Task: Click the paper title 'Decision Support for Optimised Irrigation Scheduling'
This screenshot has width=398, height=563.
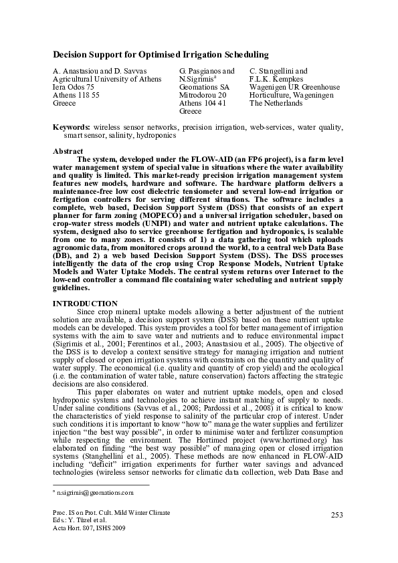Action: [x=161, y=53]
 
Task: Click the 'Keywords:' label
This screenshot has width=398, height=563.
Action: [x=72, y=126]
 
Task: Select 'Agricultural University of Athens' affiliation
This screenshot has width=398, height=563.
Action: [x=107, y=79]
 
